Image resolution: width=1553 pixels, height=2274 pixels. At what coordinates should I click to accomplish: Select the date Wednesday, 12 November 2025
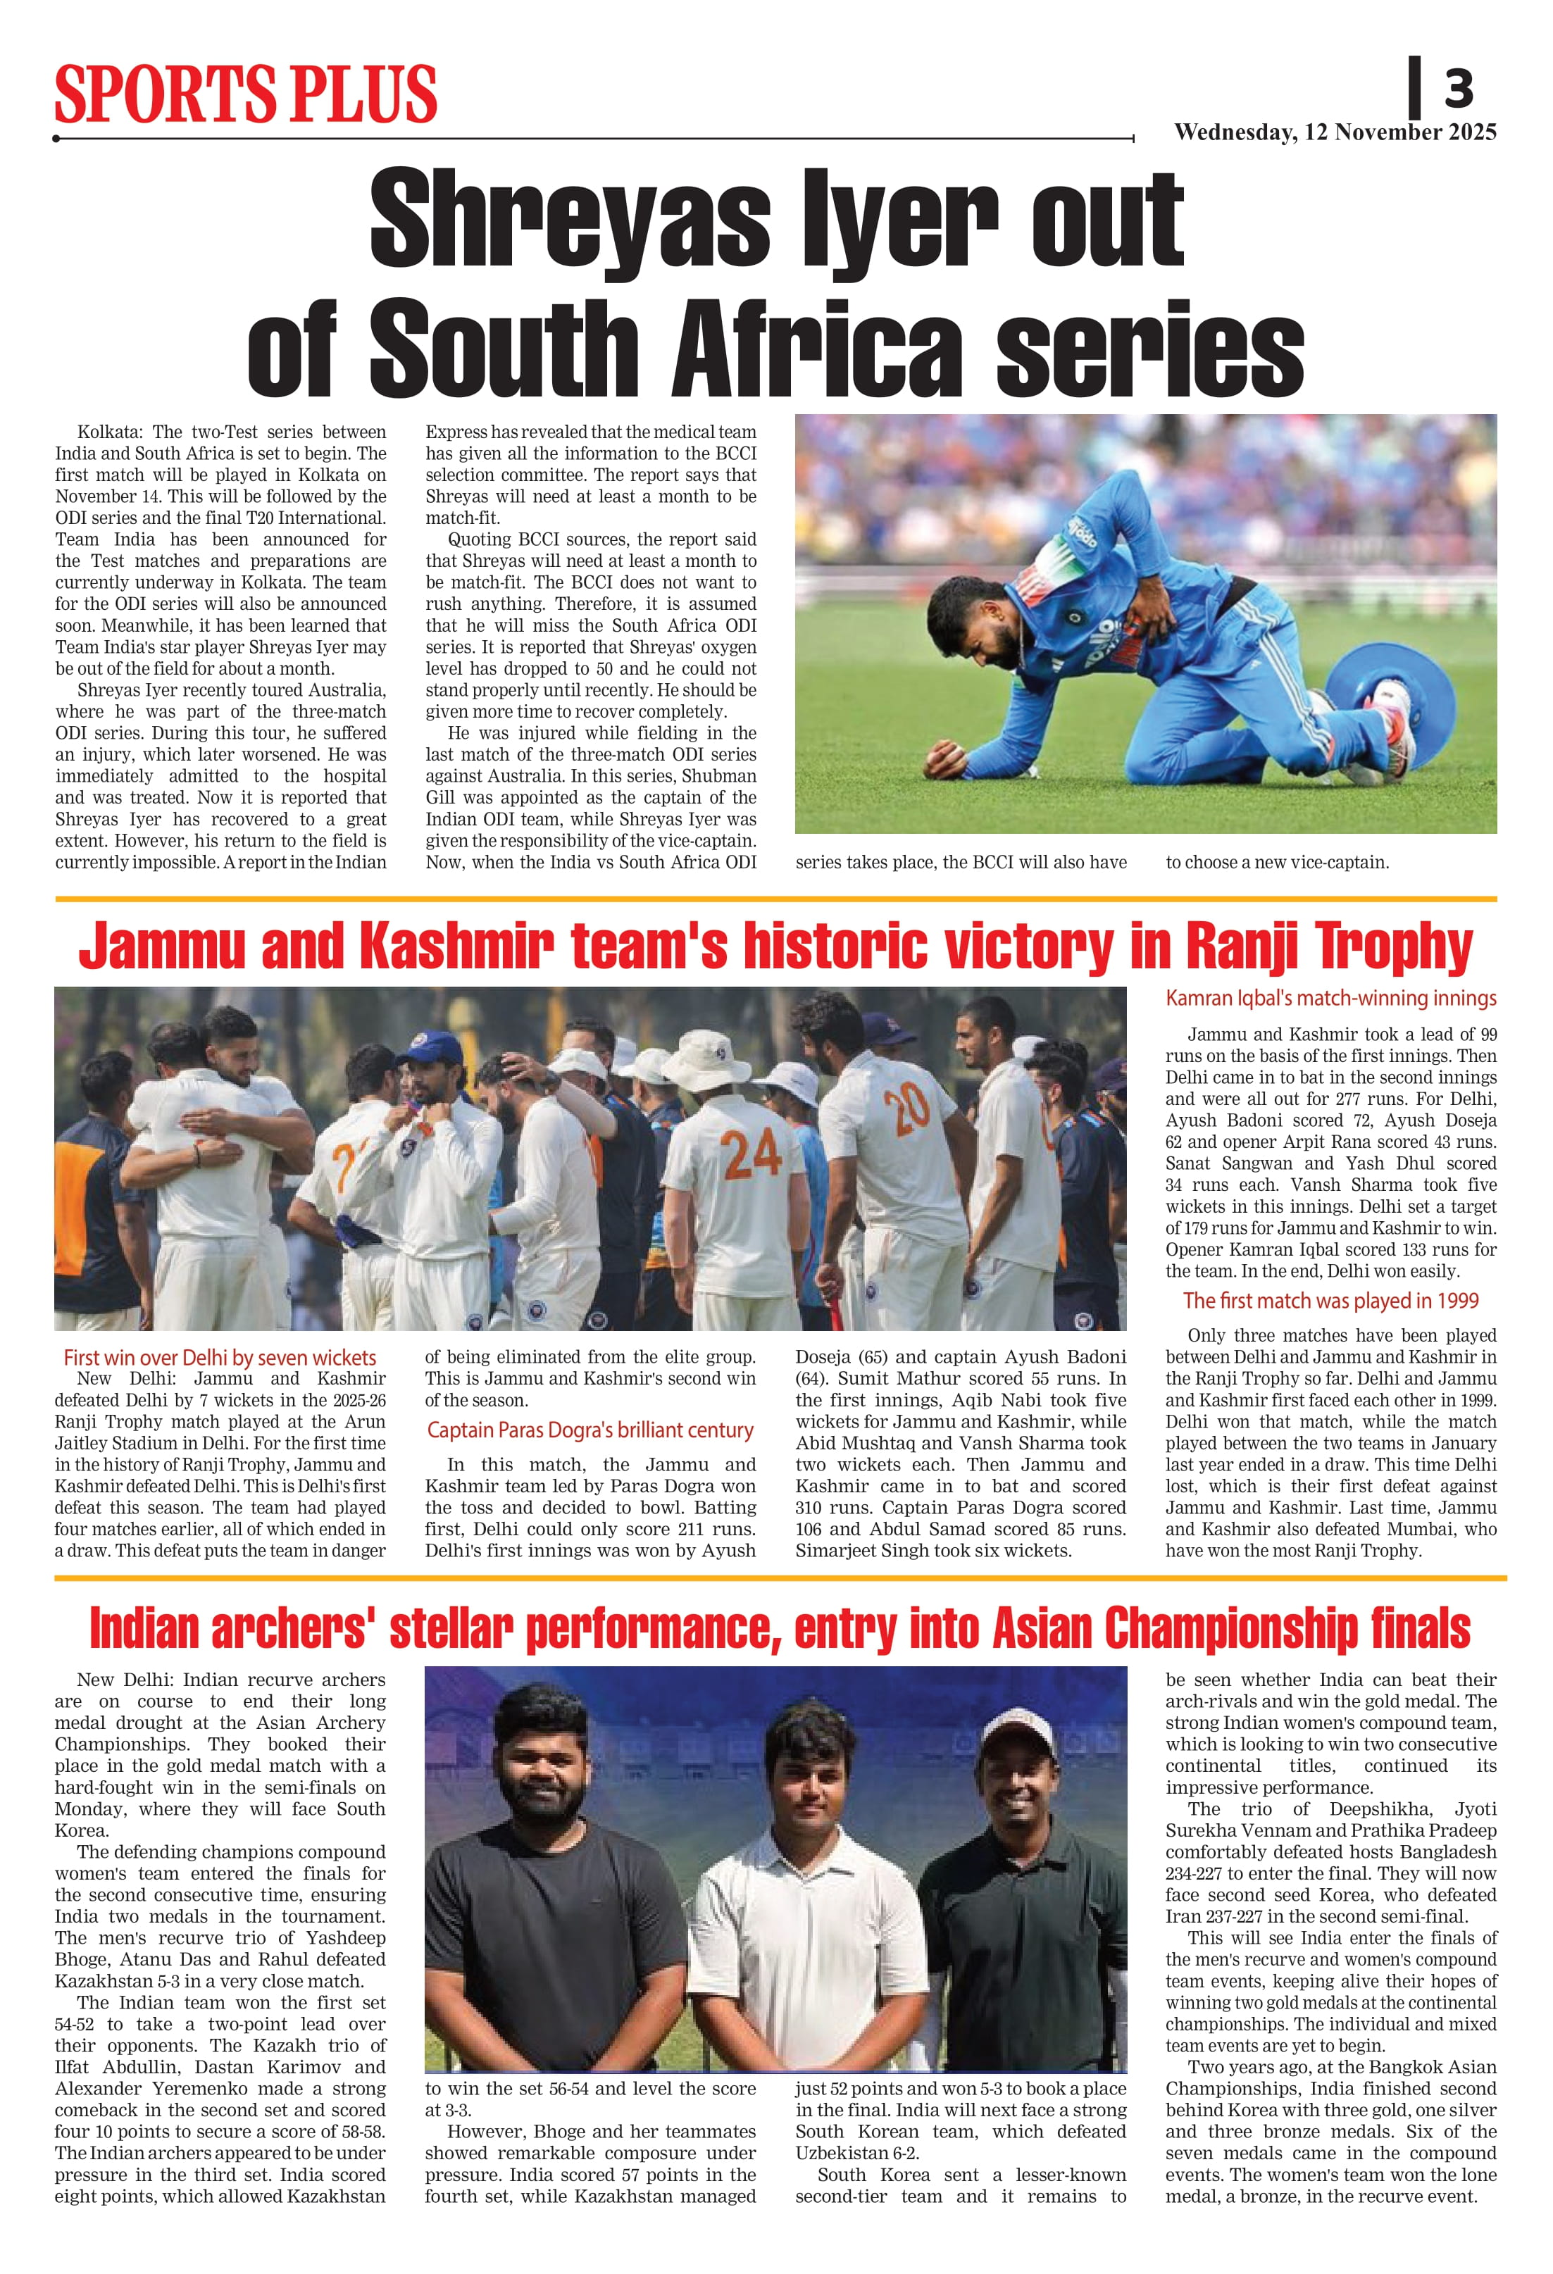click(x=1335, y=132)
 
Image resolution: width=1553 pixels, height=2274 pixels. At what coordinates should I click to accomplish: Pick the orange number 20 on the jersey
click(x=907, y=1106)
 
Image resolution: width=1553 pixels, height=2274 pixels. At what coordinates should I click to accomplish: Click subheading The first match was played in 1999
click(x=1330, y=1301)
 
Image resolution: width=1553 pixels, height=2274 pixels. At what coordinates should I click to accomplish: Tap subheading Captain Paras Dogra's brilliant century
click(x=590, y=1430)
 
